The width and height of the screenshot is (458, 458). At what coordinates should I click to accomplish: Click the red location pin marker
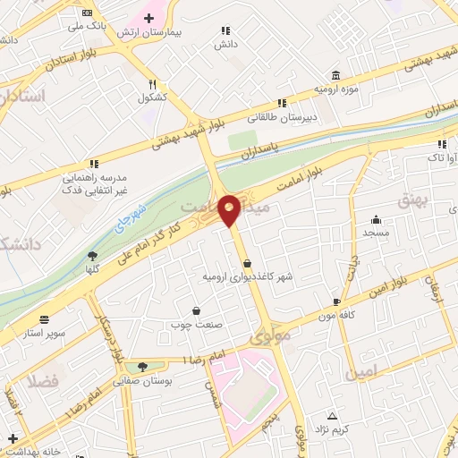229,209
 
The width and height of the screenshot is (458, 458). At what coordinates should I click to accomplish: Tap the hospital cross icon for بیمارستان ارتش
148,18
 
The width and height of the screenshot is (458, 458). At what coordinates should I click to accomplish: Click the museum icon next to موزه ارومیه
335,74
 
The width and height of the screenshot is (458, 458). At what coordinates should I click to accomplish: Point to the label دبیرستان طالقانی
282,116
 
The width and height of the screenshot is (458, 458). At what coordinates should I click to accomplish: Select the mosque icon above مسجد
376,218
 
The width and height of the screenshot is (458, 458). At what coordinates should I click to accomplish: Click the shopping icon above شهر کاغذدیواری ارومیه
248,263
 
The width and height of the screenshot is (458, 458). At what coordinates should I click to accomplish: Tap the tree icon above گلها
91,256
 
